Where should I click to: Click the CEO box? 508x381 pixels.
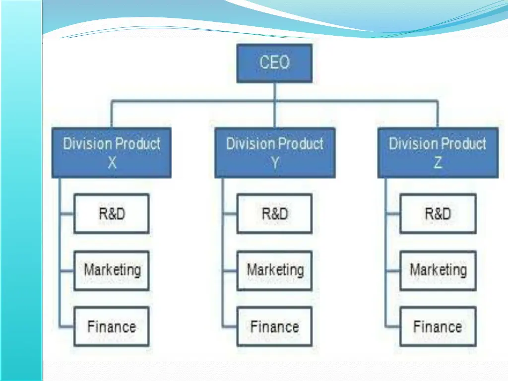click(x=274, y=63)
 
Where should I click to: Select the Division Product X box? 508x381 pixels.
click(x=112, y=153)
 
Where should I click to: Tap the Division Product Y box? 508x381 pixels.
click(x=275, y=153)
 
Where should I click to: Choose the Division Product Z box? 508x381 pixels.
click(x=438, y=153)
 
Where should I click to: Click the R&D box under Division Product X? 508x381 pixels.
click(x=112, y=214)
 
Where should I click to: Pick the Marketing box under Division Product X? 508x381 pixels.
click(x=112, y=270)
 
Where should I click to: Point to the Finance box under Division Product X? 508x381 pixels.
click(x=112, y=326)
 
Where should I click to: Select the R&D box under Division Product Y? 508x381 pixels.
click(x=274, y=214)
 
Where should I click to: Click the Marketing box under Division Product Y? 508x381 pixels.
click(x=274, y=270)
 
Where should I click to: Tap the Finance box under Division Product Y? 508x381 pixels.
click(x=274, y=326)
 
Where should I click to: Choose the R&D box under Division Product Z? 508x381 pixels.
click(x=438, y=214)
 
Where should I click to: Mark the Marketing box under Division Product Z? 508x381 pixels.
click(x=438, y=270)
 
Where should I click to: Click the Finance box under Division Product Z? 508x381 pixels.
click(x=438, y=326)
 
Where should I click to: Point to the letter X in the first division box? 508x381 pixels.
click(x=112, y=162)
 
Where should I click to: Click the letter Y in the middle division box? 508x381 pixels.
click(x=275, y=162)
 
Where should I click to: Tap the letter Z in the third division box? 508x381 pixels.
click(x=438, y=162)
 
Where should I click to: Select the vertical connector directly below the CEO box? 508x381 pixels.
click(x=274, y=92)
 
